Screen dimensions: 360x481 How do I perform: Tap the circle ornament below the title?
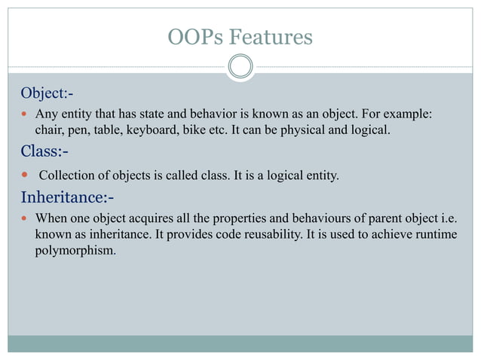[240, 66]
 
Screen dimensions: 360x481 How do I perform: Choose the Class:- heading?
[44, 152]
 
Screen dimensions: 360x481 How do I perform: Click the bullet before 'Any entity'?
[25, 115]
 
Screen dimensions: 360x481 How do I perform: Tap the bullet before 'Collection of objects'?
[25, 176]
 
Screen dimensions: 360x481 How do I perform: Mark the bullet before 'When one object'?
[25, 220]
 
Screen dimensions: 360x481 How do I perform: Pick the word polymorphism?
[75, 250]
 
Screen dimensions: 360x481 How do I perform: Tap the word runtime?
[434, 235]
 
